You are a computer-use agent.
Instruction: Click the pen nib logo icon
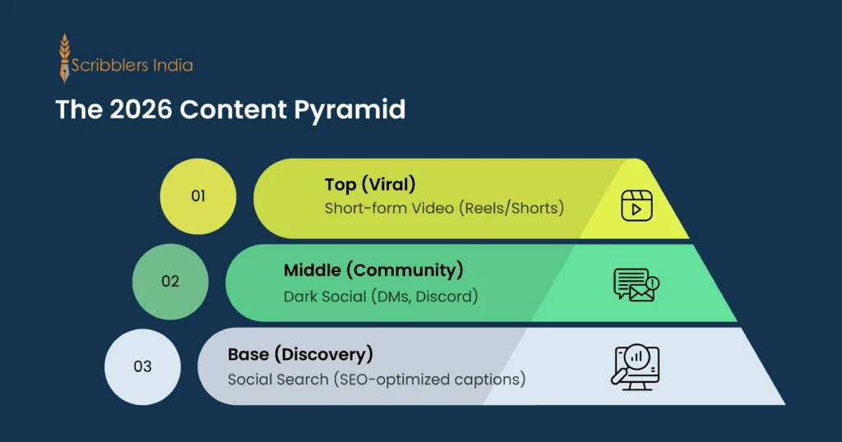pos(64,58)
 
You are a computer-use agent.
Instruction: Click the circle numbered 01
pos(198,196)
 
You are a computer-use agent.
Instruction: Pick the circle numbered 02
pos(170,281)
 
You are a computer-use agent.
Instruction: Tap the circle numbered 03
pos(142,366)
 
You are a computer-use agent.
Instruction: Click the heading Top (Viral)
pos(363,185)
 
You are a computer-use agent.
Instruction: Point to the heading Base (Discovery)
pos(301,355)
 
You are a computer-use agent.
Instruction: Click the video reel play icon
pos(636,205)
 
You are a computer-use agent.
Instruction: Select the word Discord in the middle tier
pos(448,296)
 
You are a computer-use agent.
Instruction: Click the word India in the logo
pos(172,65)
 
